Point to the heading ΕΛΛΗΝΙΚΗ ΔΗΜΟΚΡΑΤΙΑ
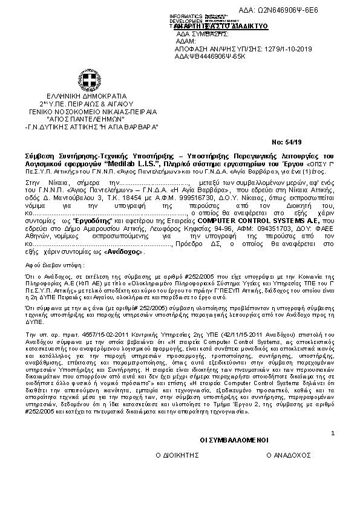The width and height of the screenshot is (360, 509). point(87,96)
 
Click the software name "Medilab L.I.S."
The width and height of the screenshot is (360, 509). point(125,163)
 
